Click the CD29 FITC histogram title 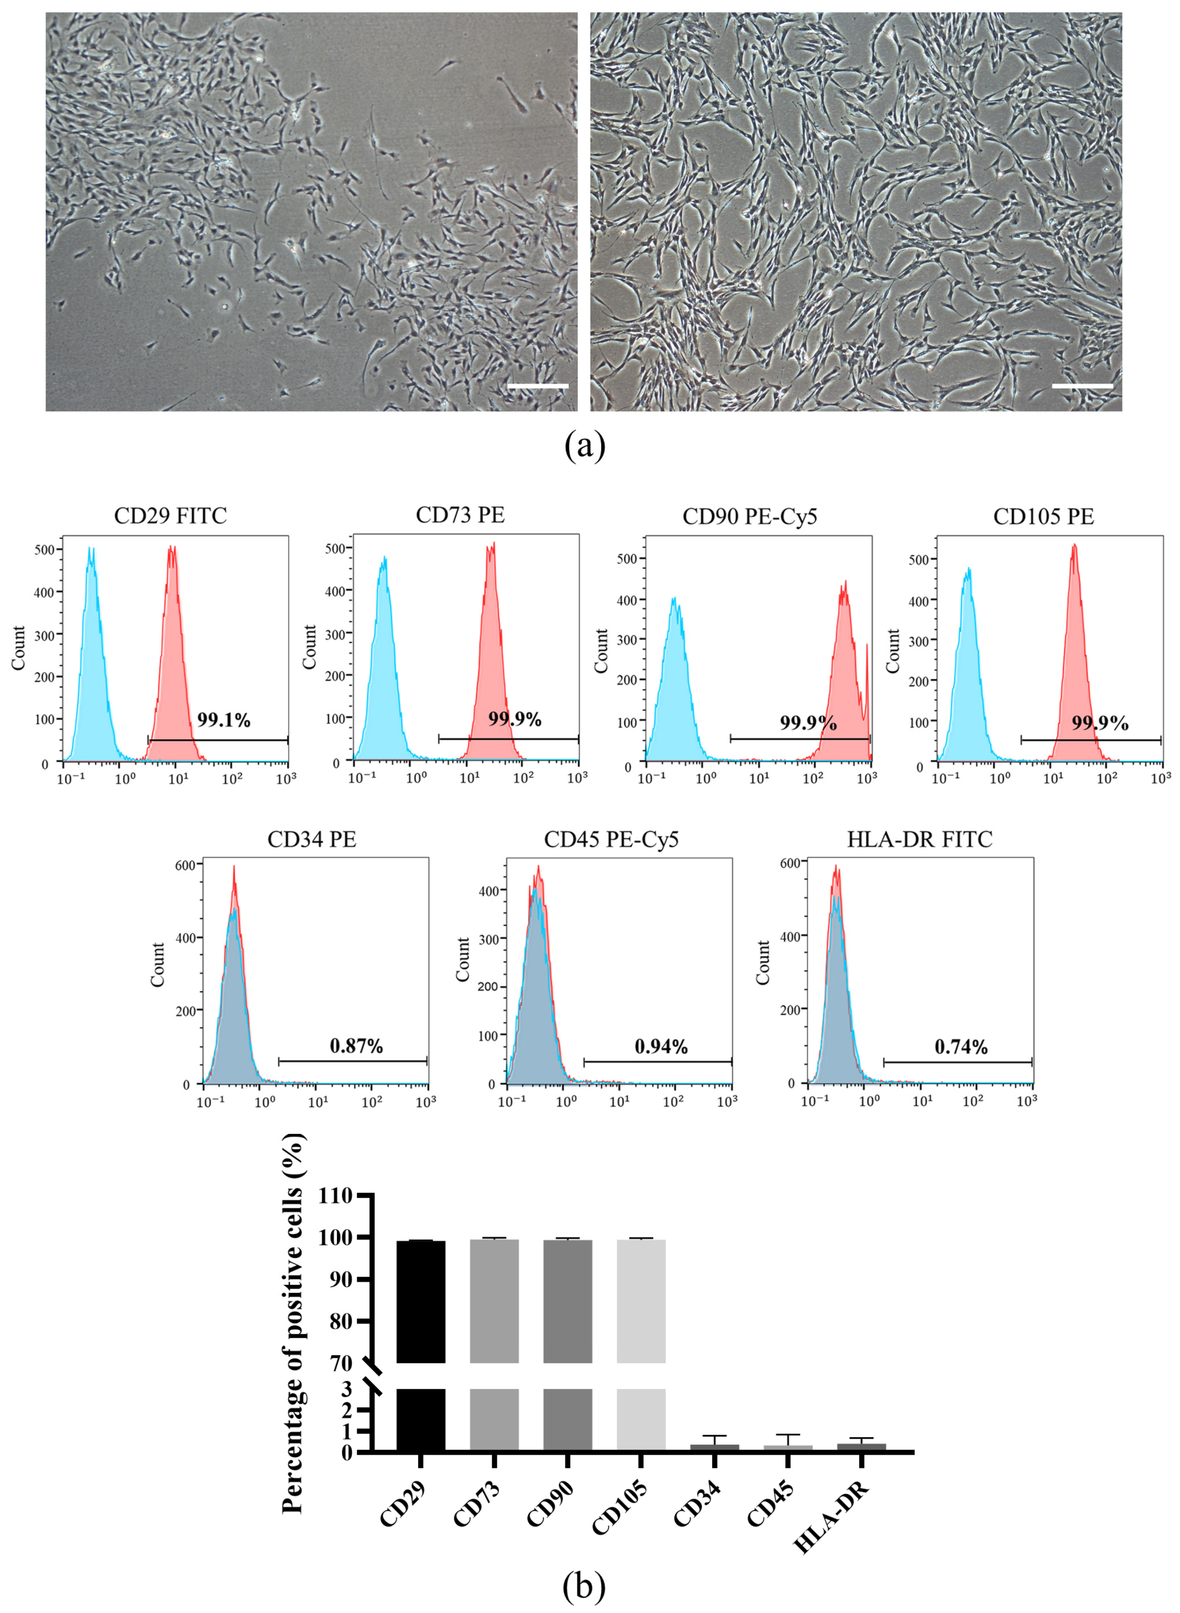(x=170, y=516)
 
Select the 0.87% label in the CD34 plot (x=356, y=1047)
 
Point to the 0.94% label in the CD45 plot (x=661, y=1047)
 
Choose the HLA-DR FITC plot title (x=919, y=839)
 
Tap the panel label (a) (x=584, y=446)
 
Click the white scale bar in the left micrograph (x=537, y=386)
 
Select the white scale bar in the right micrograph (x=1082, y=386)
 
